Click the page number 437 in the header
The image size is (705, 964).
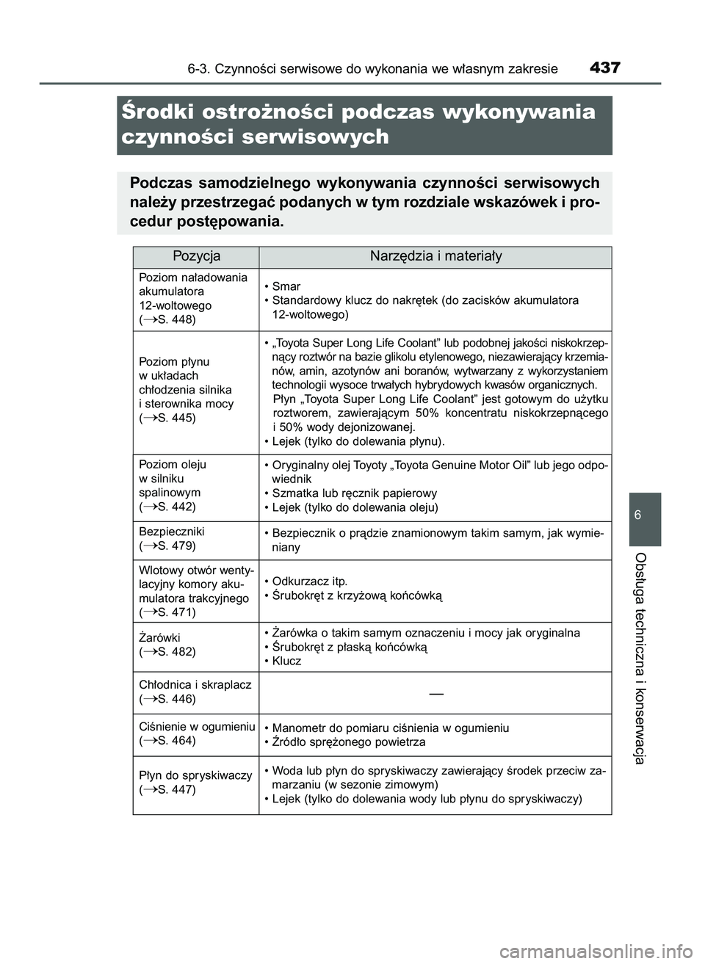click(604, 68)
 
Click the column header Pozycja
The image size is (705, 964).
click(196, 256)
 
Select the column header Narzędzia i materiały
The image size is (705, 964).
click(435, 256)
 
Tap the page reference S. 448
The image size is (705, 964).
click(176, 319)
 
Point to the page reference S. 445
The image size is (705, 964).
click(176, 418)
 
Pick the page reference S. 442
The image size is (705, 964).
click(176, 507)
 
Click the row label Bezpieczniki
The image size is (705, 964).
click(172, 532)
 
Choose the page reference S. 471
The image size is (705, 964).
click(176, 612)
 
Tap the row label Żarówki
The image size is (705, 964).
click(159, 637)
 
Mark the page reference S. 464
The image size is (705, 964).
click(176, 741)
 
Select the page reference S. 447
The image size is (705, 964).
click(176, 789)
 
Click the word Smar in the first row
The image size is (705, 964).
click(286, 286)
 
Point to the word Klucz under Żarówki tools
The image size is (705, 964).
click(286, 661)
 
